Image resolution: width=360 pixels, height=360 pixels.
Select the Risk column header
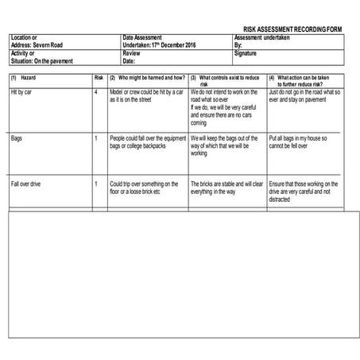pos(99,78)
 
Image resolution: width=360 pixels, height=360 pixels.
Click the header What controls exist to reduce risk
pos(227,81)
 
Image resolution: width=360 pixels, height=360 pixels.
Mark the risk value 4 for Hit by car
pos(95,92)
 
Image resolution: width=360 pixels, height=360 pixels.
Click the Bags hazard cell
pos(17,137)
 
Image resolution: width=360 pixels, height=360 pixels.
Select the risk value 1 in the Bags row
pos(95,137)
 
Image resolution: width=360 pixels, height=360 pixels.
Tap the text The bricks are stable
pos(225,184)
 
